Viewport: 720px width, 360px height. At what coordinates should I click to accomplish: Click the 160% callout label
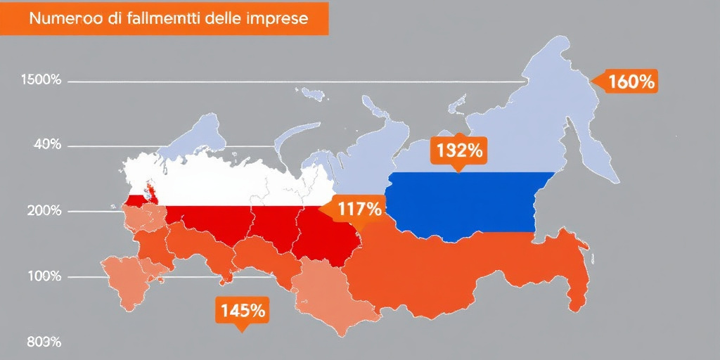click(631, 82)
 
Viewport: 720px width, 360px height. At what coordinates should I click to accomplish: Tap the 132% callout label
click(458, 150)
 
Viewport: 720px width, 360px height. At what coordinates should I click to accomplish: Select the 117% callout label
click(359, 209)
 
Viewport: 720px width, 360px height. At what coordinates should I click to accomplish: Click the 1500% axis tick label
click(41, 80)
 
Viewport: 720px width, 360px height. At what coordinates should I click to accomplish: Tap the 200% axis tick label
click(41, 211)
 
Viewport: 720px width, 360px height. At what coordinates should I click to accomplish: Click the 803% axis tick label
click(44, 342)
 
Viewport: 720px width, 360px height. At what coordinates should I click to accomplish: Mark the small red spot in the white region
click(149, 189)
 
